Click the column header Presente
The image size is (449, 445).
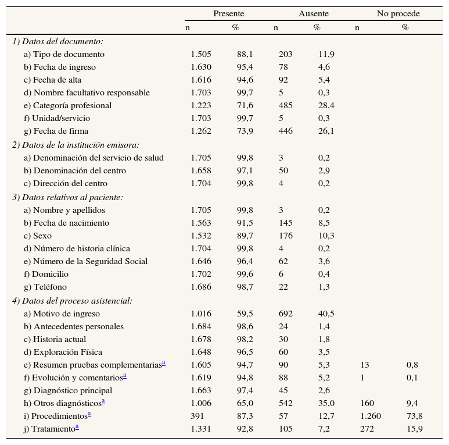(228, 13)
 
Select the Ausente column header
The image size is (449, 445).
(313, 13)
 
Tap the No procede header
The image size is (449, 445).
(398, 13)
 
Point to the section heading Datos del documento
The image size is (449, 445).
(58, 41)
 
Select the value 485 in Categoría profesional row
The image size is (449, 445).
(286, 105)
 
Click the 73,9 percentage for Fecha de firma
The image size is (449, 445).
(244, 131)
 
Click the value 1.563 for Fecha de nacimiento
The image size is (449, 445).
(201, 223)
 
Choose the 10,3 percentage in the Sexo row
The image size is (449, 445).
(326, 236)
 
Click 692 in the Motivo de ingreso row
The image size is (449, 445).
(286, 314)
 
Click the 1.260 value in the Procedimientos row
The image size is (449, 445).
(371, 416)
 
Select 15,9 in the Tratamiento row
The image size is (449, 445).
(413, 429)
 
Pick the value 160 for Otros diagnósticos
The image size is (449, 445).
(367, 403)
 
